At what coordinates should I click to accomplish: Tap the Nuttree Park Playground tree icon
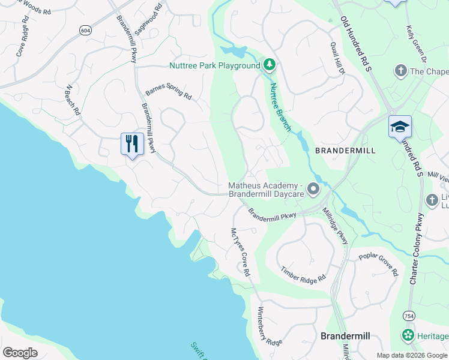[x=270, y=64]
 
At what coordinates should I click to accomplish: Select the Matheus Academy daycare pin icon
[x=313, y=190]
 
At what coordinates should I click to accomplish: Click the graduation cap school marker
[x=400, y=127]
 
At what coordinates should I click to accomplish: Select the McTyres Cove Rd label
[x=240, y=251]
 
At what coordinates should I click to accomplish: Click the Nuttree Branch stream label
[x=280, y=106]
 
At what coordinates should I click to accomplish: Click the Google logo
[x=20, y=352]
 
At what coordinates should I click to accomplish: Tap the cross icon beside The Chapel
[x=400, y=71]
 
